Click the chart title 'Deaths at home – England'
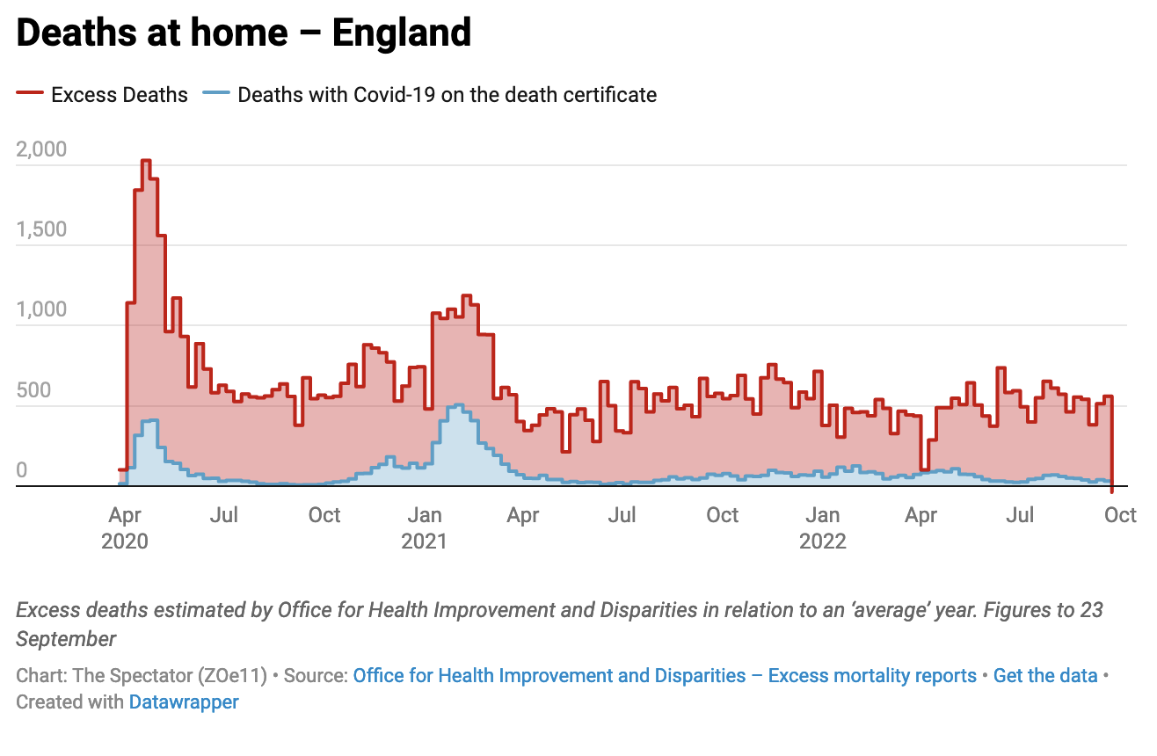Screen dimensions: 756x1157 point(244,33)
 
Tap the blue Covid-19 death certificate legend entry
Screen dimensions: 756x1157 point(431,95)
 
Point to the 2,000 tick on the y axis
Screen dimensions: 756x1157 point(41,149)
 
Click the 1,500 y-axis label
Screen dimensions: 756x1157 point(41,229)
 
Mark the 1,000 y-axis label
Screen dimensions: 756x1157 point(41,309)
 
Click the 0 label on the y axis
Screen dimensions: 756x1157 point(22,471)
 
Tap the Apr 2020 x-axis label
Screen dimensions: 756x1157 point(125,527)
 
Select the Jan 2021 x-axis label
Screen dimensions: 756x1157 point(424,527)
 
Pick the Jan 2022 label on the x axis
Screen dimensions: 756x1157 point(822,527)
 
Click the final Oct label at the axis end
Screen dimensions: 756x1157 point(1120,514)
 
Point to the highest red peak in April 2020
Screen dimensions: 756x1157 point(146,162)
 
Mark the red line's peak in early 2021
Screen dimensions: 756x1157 point(466,297)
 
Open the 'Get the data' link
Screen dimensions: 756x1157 point(1045,676)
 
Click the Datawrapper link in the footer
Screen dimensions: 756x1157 point(184,702)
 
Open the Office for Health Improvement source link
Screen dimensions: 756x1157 point(665,676)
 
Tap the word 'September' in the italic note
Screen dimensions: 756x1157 point(66,638)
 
